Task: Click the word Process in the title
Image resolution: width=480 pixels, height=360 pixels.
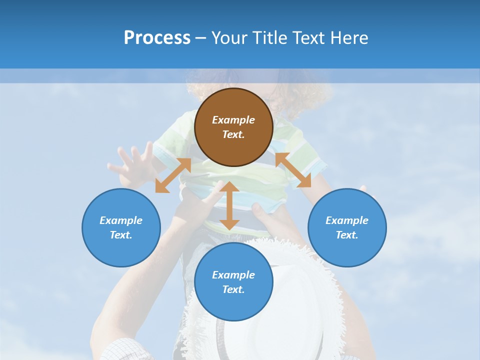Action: coord(157,38)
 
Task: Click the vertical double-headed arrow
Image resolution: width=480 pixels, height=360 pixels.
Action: coord(229,205)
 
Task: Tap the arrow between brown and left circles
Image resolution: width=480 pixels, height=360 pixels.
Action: coord(173,175)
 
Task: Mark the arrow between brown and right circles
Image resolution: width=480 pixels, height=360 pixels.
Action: coord(293,170)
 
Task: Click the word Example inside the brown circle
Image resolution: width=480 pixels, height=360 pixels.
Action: coord(233,120)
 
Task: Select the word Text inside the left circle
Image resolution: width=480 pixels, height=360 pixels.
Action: coord(121,235)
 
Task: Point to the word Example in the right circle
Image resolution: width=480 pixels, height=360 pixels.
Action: coord(347,220)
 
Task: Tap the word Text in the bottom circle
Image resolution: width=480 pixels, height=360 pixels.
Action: coord(233,289)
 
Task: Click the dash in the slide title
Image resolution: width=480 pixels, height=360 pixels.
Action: coord(201,38)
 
